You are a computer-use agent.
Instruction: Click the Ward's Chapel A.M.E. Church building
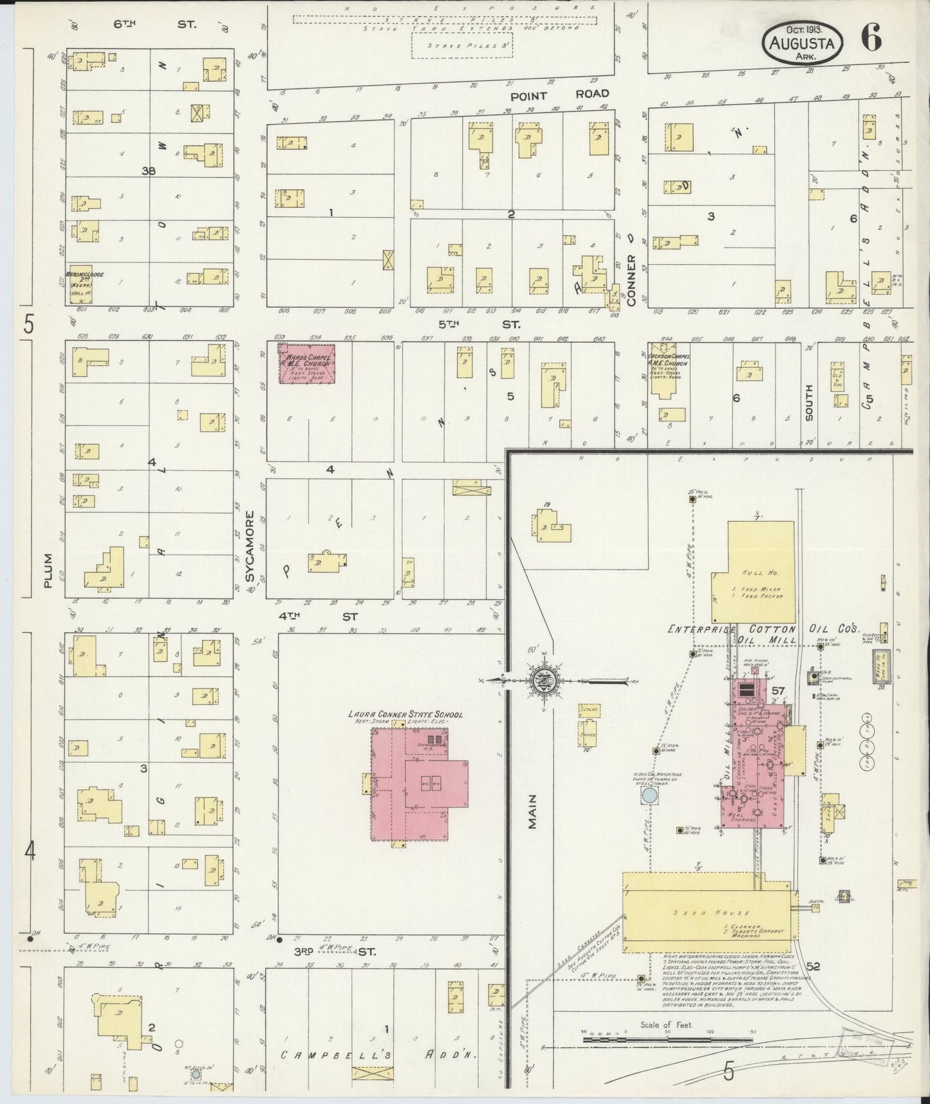(x=306, y=363)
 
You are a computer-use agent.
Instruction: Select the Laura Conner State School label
(x=405, y=714)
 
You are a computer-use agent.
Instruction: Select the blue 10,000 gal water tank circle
(x=649, y=796)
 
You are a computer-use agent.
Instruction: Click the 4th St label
(x=318, y=616)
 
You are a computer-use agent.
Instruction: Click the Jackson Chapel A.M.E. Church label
(x=667, y=359)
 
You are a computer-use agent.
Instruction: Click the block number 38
(x=149, y=171)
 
